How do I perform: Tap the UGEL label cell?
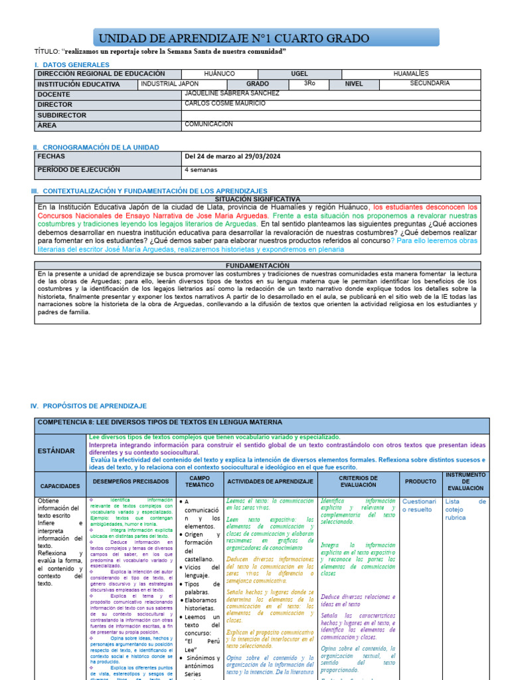(299, 74)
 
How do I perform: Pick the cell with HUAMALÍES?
(411, 74)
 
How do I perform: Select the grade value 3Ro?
(309, 84)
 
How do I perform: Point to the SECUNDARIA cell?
(430, 84)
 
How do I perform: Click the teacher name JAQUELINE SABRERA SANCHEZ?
(227, 94)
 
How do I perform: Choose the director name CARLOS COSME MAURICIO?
(225, 104)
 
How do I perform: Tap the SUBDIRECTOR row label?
(62, 115)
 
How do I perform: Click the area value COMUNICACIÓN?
(209, 124)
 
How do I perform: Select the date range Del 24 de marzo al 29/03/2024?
(232, 157)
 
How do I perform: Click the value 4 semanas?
(200, 170)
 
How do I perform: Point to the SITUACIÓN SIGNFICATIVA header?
(258, 199)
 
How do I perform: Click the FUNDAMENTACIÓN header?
(258, 266)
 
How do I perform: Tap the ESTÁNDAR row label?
(56, 451)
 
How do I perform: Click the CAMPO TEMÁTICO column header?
(200, 482)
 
